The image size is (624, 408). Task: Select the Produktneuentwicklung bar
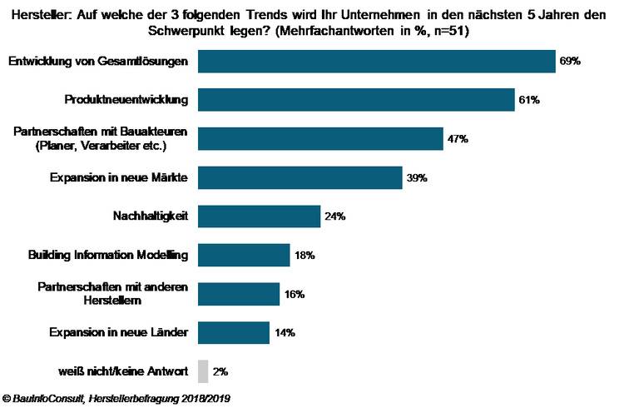pyautogui.click(x=356, y=100)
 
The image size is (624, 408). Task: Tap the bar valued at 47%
pyautogui.click(x=320, y=139)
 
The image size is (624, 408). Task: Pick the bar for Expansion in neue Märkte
pyautogui.click(x=300, y=177)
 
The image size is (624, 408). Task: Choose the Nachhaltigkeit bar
pyautogui.click(x=259, y=216)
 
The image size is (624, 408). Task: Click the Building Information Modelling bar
pyautogui.click(x=244, y=255)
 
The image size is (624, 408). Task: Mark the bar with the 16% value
pyautogui.click(x=239, y=294)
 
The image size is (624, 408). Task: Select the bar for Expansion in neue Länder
pyautogui.click(x=234, y=333)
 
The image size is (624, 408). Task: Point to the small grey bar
pyautogui.click(x=202, y=371)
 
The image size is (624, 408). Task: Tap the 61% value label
pyautogui.click(x=529, y=101)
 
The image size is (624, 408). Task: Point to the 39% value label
pyautogui.click(x=417, y=178)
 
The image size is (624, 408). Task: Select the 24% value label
pyautogui.click(x=334, y=216)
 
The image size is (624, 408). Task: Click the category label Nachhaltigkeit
pyautogui.click(x=151, y=216)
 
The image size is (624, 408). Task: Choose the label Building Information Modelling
pyautogui.click(x=107, y=255)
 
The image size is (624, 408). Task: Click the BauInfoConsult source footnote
pyautogui.click(x=116, y=399)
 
